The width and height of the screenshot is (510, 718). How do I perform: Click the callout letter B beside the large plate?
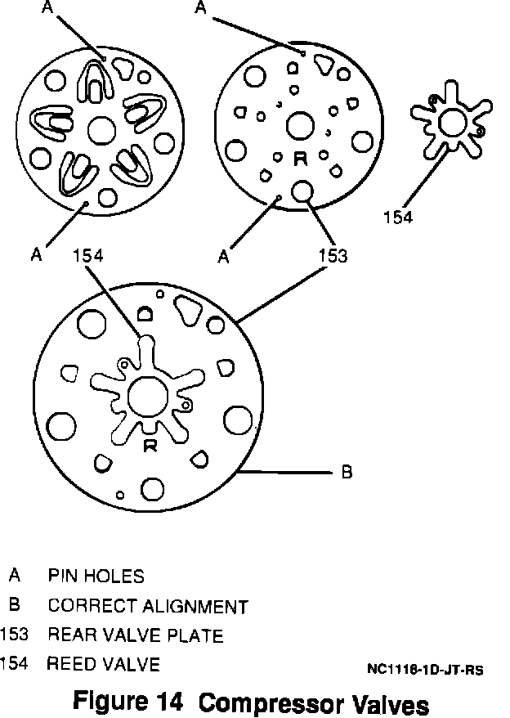pos(346,473)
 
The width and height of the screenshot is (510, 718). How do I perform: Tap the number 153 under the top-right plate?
pos(333,256)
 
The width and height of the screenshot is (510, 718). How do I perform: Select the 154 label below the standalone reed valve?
pos(398,217)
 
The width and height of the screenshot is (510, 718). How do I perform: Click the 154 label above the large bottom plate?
pos(87,255)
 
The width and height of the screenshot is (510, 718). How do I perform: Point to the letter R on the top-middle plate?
pos(300,159)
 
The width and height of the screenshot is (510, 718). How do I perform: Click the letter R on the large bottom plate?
pos(150,445)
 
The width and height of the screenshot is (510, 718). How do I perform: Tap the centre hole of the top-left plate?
pos(101,128)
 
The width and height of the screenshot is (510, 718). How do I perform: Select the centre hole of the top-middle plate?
pos(299,126)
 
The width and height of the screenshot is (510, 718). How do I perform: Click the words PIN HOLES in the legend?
pos(96,576)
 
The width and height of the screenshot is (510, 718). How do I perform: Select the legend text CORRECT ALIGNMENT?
pos(147,607)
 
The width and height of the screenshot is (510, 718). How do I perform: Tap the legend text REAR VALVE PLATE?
pos(135,635)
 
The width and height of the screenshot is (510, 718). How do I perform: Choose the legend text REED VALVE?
pos(103,664)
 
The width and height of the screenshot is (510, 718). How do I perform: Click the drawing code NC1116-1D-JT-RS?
pos(425,670)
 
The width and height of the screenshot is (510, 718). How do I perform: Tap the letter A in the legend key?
pos(14,576)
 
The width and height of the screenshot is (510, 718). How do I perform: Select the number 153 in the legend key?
pos(14,635)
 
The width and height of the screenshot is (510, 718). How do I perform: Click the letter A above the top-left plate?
pos(47,8)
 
